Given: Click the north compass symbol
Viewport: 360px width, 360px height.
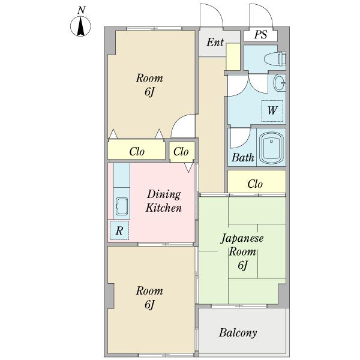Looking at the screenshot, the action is [x=80, y=26].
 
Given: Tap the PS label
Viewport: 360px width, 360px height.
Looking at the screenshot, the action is [x=260, y=35].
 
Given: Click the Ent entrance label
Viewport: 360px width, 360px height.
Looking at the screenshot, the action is [x=215, y=42].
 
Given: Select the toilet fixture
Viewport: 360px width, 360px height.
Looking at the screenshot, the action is [x=275, y=59].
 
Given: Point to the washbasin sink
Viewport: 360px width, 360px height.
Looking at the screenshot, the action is [x=280, y=83].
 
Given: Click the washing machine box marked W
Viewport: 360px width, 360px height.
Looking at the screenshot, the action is [x=272, y=110].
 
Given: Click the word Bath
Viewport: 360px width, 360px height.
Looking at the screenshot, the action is [x=242, y=158].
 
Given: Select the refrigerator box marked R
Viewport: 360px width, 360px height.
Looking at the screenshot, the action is [x=119, y=230].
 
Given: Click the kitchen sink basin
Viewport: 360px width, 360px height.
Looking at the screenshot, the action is [x=121, y=206].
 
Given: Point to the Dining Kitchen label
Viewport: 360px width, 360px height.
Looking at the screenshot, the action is [x=164, y=201].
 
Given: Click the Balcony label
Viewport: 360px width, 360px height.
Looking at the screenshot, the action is [x=238, y=332].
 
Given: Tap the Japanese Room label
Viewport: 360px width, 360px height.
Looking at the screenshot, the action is [x=242, y=245].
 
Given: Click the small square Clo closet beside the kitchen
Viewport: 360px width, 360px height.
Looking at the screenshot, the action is [x=182, y=152].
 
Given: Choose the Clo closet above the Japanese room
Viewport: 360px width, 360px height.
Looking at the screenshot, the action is [x=257, y=181].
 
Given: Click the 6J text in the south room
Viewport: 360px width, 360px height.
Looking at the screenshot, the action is [x=149, y=304].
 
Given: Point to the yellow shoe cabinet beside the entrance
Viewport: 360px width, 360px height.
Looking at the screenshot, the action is [x=233, y=57].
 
